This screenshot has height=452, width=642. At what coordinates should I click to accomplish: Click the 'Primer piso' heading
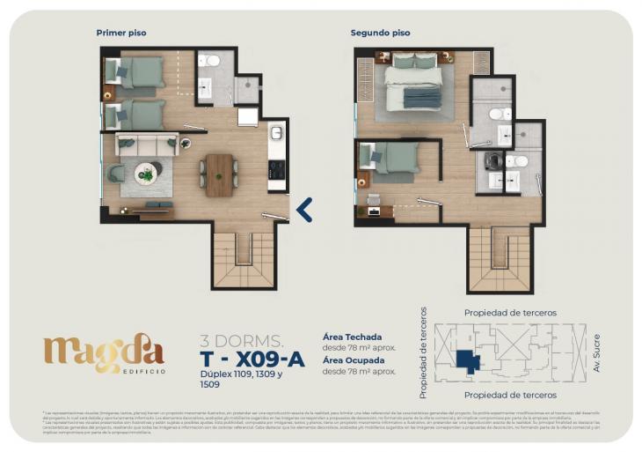[121, 33]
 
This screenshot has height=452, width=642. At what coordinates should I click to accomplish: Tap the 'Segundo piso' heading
[380, 33]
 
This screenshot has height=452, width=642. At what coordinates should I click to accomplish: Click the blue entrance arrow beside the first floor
[304, 210]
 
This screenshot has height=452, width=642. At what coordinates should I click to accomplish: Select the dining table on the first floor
[220, 174]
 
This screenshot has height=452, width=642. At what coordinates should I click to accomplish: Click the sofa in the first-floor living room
[147, 144]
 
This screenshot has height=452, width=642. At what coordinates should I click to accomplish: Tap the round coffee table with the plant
[147, 173]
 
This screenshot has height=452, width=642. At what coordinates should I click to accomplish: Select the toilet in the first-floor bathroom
[208, 61]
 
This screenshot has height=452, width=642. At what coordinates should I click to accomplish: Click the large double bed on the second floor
[412, 81]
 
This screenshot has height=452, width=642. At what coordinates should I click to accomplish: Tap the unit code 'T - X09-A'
[252, 358]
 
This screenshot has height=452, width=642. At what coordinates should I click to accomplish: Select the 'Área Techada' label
[353, 337]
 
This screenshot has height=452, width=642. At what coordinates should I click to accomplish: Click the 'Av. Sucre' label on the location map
[597, 352]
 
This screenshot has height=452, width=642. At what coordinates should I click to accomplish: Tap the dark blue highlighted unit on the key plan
[467, 360]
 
